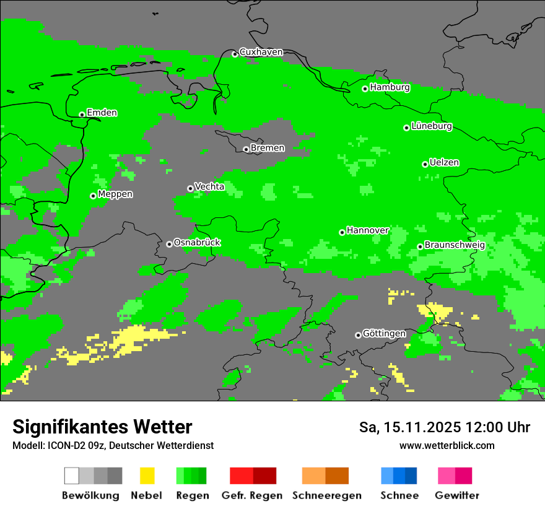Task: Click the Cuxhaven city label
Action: (x=261, y=52)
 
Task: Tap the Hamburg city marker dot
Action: (x=365, y=89)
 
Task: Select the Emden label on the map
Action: (x=102, y=113)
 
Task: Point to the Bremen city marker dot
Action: (x=246, y=149)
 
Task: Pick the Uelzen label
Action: (x=444, y=163)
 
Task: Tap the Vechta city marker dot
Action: (x=190, y=188)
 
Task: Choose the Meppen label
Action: (x=115, y=194)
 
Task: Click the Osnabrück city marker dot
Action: (x=169, y=244)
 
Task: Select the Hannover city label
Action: (x=368, y=230)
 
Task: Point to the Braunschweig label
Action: (x=455, y=245)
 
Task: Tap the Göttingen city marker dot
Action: (x=358, y=335)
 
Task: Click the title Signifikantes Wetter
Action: (x=102, y=427)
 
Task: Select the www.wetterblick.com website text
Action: (x=447, y=445)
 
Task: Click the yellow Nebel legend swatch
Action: (x=147, y=476)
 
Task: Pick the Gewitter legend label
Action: (x=457, y=495)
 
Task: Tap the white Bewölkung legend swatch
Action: (x=72, y=476)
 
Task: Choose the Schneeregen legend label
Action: (x=327, y=495)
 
